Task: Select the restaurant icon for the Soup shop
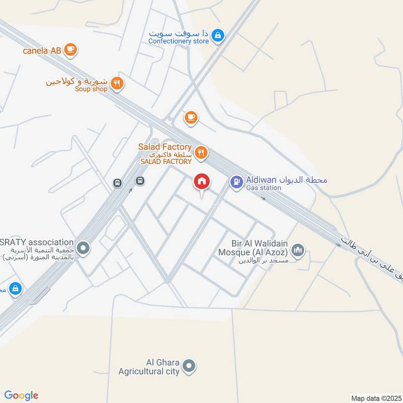click(117, 83)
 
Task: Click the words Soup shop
click(91, 89)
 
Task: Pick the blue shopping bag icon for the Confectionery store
click(218, 35)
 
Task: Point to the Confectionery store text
click(178, 41)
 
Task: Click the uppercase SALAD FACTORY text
click(166, 162)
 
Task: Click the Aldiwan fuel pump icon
click(236, 182)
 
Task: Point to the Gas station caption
click(263, 188)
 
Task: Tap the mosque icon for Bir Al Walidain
click(298, 250)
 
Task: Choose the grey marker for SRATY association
click(84, 247)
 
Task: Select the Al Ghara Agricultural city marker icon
click(189, 366)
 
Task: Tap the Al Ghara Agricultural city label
click(149, 367)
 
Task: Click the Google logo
click(21, 395)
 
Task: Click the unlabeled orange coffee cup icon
click(190, 117)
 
